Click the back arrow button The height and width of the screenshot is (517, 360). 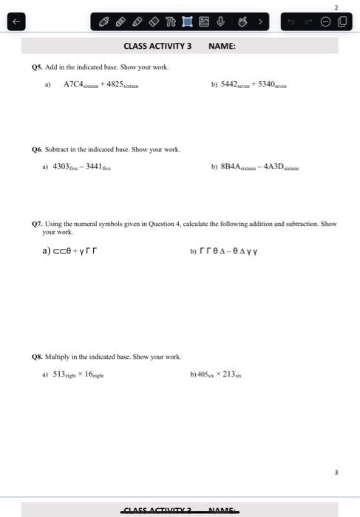(x=13, y=21)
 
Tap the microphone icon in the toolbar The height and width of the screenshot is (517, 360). (x=220, y=21)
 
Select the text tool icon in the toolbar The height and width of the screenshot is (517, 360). (x=171, y=21)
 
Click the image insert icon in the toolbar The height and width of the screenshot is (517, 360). (x=204, y=21)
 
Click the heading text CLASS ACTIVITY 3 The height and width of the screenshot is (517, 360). (x=157, y=46)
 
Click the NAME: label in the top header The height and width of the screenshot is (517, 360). (x=222, y=46)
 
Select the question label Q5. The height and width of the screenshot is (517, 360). (x=37, y=67)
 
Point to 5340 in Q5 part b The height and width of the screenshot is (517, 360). (x=261, y=84)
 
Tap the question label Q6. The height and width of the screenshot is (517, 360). (x=37, y=149)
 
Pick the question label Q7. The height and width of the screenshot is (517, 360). (x=37, y=223)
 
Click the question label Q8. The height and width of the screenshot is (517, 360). (x=37, y=357)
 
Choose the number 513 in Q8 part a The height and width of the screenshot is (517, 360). (x=60, y=374)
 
